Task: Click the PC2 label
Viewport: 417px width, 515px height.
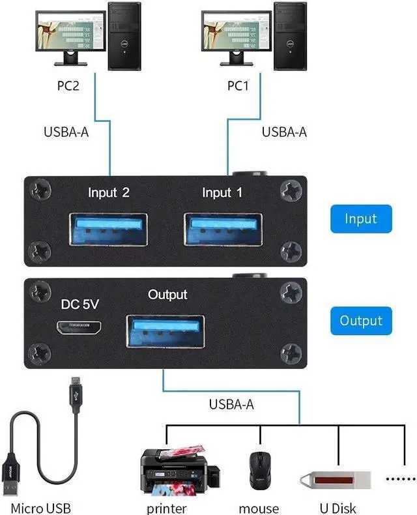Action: pos(68,85)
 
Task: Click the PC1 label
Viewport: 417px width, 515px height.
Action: pos(238,85)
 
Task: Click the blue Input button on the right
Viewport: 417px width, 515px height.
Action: pos(362,219)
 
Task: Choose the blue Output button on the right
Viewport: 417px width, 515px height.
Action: pos(361,321)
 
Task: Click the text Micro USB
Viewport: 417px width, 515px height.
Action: pos(40,508)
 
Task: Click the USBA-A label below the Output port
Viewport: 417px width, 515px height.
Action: pos(231,404)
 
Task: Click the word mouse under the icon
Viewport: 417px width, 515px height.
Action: pos(259,508)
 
